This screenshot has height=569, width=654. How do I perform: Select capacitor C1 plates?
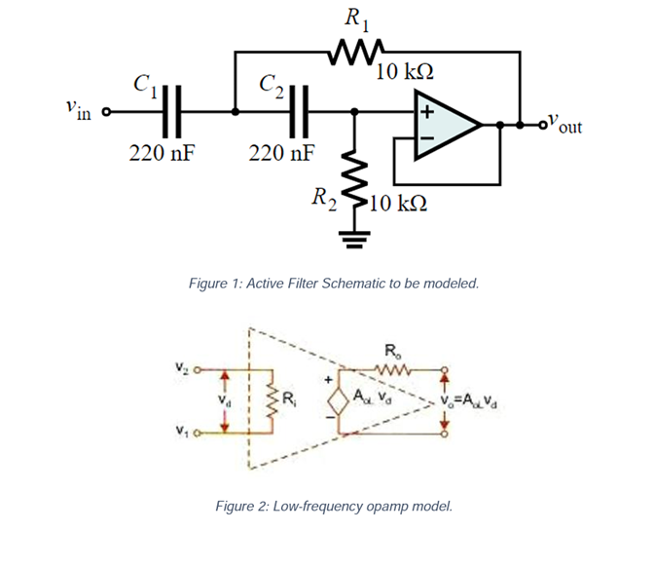click(173, 112)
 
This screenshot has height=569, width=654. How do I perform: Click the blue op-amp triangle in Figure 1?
click(443, 125)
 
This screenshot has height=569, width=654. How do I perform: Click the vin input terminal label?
click(79, 110)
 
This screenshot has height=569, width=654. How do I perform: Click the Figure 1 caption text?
click(333, 284)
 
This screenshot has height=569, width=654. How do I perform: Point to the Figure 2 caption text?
click(333, 506)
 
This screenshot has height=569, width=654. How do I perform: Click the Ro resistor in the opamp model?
click(391, 368)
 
